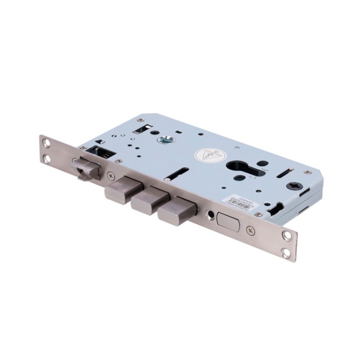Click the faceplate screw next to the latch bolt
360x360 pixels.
tap(110, 175)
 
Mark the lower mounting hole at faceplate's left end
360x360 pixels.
tap(47, 158)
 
